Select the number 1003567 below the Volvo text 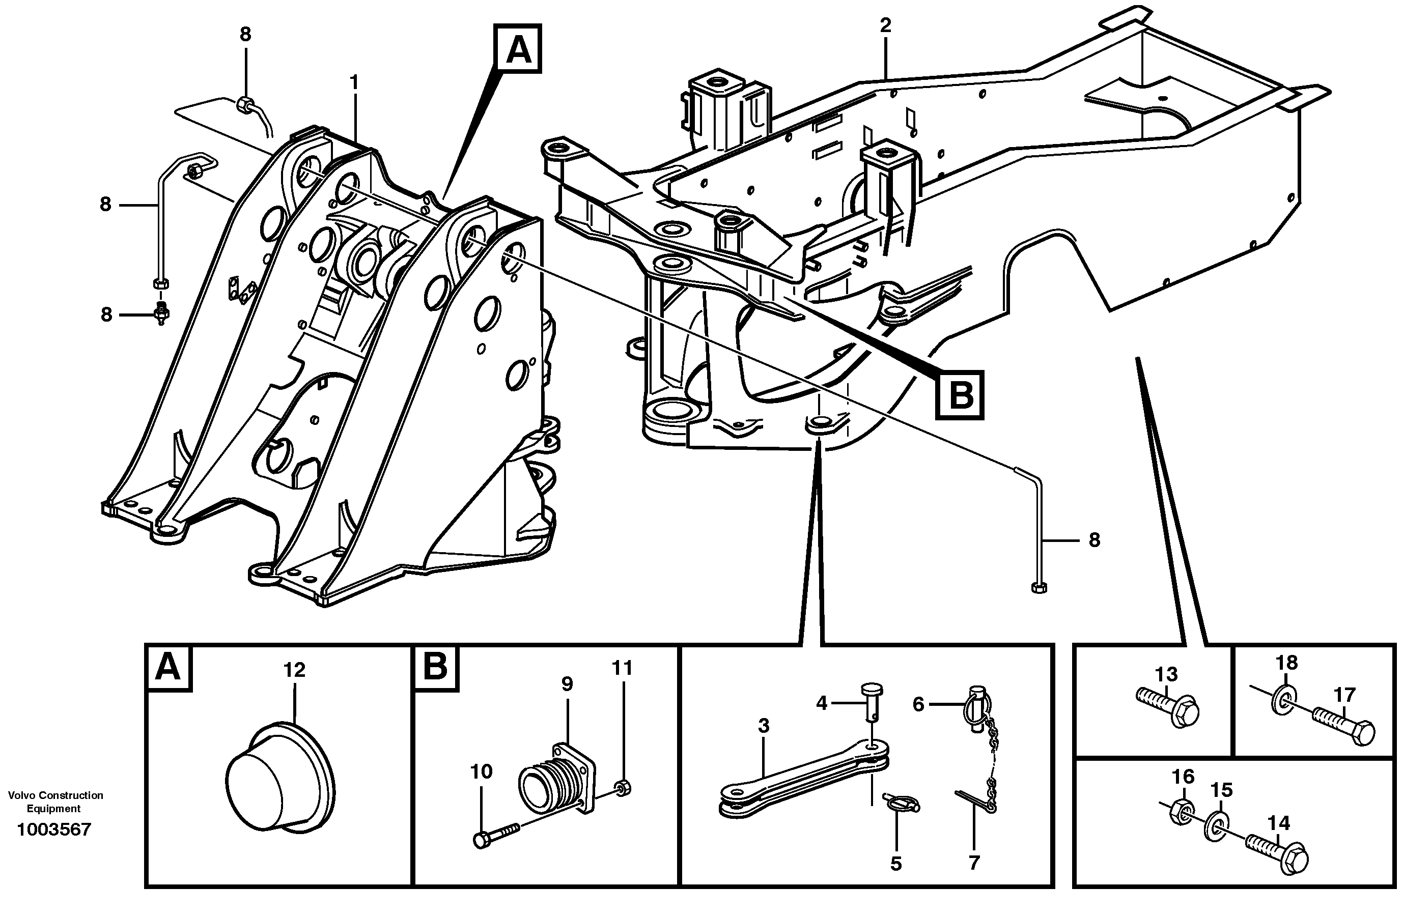(54, 830)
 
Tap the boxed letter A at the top (518, 49)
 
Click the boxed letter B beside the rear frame (960, 395)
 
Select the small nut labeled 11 (623, 787)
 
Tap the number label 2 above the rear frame (885, 25)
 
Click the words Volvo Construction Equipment (55, 801)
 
